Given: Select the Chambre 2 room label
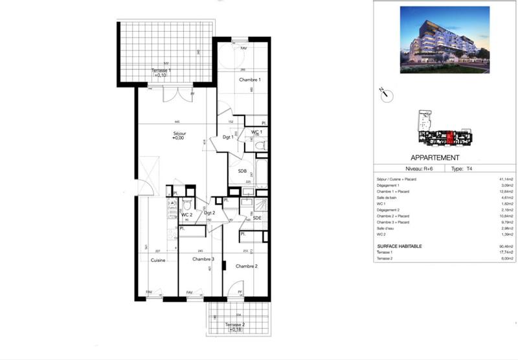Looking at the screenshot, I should tap(246, 266).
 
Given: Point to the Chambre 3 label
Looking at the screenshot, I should tap(203, 260).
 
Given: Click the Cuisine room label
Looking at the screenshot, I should tap(159, 260).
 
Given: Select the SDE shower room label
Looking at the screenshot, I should tap(256, 218).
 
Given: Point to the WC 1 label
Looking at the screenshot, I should tap(256, 131).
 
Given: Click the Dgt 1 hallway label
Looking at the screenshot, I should tap(228, 137).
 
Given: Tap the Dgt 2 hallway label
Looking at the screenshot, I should tap(209, 213).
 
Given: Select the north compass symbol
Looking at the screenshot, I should tap(385, 95).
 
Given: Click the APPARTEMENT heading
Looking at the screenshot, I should tap(435, 157).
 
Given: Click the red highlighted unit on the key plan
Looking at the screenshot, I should tap(449, 137).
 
